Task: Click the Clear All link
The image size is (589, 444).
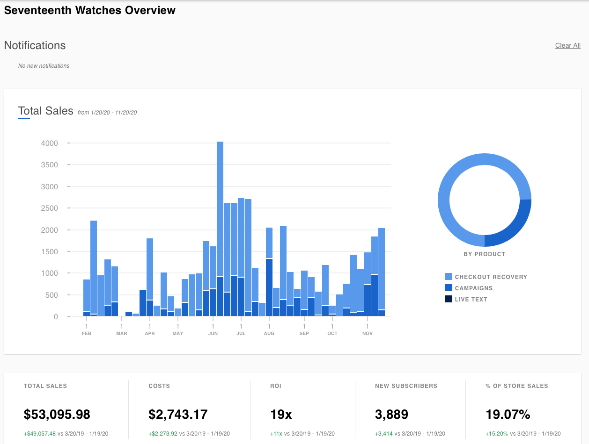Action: [x=567, y=45]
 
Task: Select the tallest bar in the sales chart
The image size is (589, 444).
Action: [x=220, y=210]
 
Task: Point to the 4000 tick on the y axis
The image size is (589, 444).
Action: [x=49, y=143]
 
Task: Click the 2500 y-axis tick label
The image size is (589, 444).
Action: [x=49, y=208]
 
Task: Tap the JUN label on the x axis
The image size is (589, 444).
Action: [x=213, y=333]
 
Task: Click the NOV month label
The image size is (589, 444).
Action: [x=368, y=333]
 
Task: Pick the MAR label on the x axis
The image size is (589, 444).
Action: [x=122, y=333]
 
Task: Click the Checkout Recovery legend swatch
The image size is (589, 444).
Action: [x=449, y=277]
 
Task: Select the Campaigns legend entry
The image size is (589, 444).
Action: [x=473, y=288]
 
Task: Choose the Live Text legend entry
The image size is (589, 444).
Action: [x=471, y=299]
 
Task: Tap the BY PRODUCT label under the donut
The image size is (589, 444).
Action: [x=484, y=254]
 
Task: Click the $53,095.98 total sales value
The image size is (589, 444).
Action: [x=57, y=414]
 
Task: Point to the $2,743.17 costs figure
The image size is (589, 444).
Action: [x=178, y=414]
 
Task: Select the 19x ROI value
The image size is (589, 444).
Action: [x=281, y=414]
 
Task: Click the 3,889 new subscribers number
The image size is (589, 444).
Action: [x=391, y=414]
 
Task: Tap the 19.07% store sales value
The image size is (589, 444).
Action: [x=508, y=414]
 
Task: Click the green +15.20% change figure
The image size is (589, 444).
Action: [x=497, y=434]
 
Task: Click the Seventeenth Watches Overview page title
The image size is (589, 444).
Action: [x=90, y=10]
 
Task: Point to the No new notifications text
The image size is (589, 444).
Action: [x=44, y=66]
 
